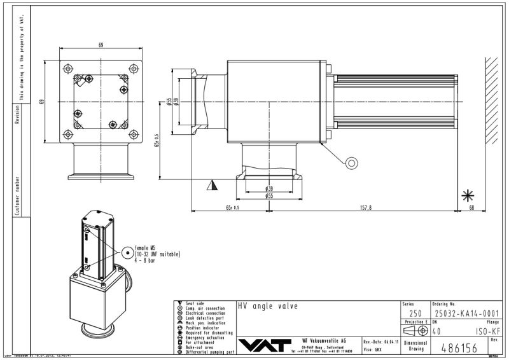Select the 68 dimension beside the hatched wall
[471, 207]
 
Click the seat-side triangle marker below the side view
[211, 185]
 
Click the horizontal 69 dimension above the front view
[101, 44]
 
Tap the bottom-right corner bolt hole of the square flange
[134, 135]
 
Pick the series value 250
[415, 313]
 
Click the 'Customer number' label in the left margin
[17, 197]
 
